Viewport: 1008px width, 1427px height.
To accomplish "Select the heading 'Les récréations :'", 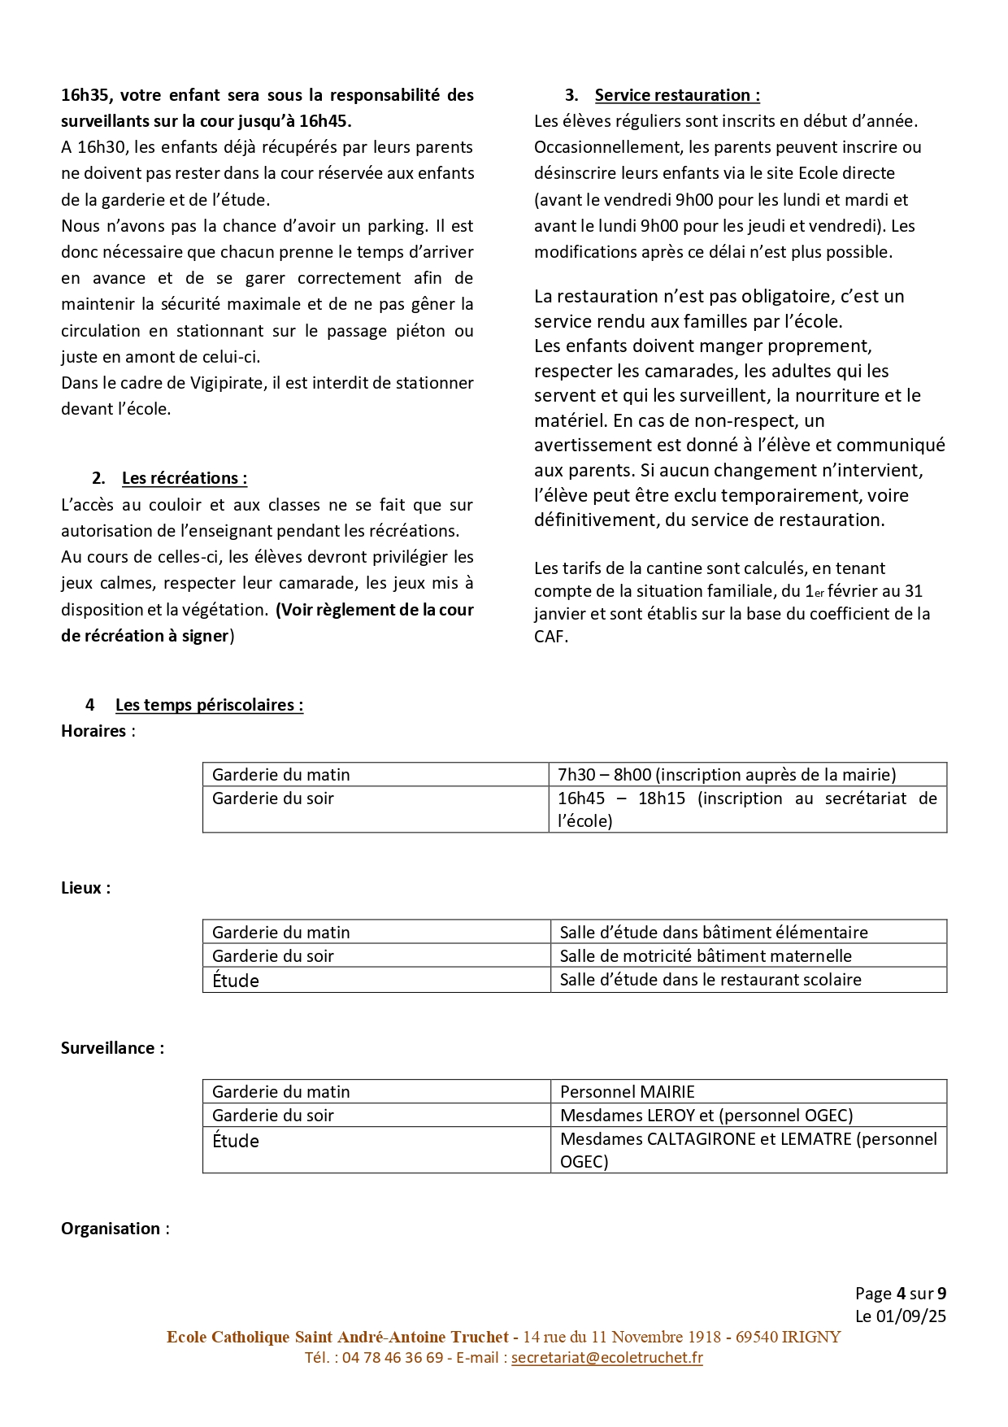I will (x=185, y=478).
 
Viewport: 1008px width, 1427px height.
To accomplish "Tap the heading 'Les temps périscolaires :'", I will (x=209, y=705).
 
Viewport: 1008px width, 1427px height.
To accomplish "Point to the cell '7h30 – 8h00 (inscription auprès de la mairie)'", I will (x=727, y=775).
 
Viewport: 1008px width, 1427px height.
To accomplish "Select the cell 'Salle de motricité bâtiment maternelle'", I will (x=706, y=956).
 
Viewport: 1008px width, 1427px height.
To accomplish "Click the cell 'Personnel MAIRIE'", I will (x=628, y=1092).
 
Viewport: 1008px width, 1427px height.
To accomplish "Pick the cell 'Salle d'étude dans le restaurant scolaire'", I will (x=710, y=980).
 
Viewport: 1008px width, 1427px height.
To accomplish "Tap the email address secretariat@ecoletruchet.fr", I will (x=606, y=1357).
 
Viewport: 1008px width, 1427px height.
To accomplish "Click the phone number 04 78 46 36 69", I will (x=393, y=1357).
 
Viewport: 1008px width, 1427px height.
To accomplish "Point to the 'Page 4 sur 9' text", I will (x=900, y=1294).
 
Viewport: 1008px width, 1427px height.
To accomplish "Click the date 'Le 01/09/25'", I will (x=900, y=1316).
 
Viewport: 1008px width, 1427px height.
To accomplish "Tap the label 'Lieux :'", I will (x=85, y=888).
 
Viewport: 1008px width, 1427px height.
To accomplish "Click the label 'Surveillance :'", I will (x=112, y=1048).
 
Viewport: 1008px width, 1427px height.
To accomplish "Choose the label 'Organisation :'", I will (x=115, y=1229).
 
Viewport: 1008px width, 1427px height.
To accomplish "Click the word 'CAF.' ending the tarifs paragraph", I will (x=551, y=637).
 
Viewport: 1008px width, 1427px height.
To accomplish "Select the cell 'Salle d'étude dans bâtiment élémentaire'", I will (x=714, y=933).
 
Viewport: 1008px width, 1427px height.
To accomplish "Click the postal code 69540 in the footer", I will (x=756, y=1337).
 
